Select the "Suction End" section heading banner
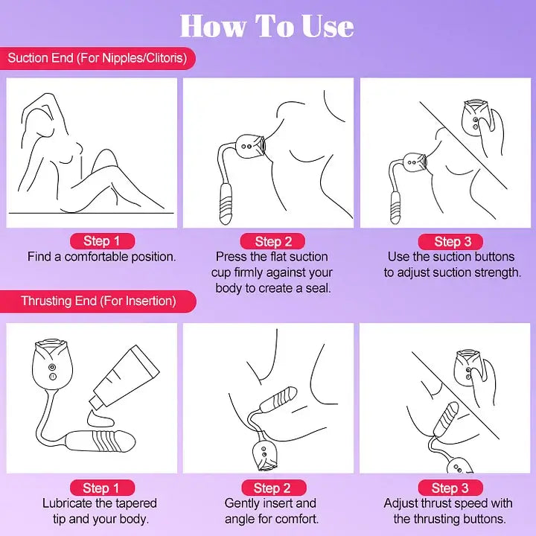(x=97, y=57)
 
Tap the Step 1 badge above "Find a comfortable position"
(x=101, y=240)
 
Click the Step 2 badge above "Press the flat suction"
(x=272, y=241)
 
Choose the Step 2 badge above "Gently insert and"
(x=272, y=488)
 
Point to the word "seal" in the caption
(x=316, y=288)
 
